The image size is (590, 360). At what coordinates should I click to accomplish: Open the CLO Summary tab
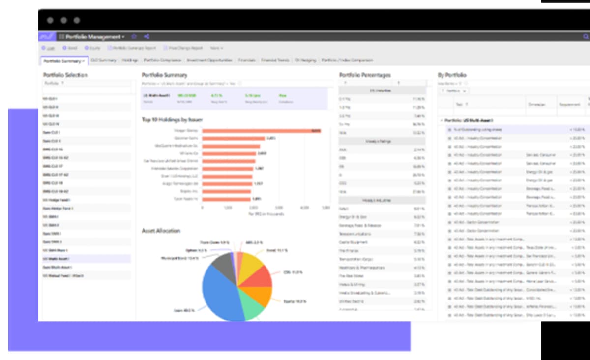[x=103, y=60]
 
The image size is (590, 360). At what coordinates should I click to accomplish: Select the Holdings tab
[x=130, y=60]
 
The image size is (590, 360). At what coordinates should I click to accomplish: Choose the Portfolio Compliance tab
[x=162, y=60]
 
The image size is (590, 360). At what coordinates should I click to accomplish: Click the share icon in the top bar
[x=147, y=37]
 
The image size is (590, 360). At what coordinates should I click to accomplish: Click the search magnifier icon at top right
[x=586, y=37]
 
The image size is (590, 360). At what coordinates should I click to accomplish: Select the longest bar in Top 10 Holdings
[x=261, y=131]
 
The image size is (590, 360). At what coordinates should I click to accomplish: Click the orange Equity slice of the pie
[x=262, y=296]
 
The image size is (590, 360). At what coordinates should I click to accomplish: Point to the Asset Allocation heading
[x=161, y=231]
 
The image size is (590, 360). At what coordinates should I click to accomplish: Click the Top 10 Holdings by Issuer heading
[x=172, y=120]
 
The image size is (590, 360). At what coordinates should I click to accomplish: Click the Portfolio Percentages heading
[x=365, y=75]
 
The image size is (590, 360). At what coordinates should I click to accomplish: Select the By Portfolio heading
[x=452, y=75]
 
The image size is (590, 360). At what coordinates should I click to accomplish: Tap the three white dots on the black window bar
[x=63, y=20]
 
